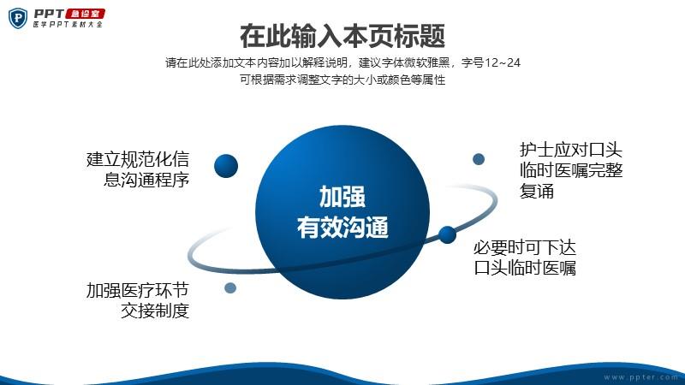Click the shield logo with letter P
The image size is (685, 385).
17,18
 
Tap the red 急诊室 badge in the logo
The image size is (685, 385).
86,14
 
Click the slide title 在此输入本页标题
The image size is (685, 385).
342,36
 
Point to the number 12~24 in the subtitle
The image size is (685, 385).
503,62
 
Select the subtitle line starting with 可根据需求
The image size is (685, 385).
342,80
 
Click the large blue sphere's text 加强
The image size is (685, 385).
342,197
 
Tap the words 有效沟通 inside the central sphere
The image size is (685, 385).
342,228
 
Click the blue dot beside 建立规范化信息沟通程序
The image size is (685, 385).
226,166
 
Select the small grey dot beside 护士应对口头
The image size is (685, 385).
479,159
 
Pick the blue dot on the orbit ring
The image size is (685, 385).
447,234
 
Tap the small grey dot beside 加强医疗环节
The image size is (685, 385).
230,287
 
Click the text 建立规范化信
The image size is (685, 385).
138,159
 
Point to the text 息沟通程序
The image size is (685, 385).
146,180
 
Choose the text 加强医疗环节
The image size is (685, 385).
138,290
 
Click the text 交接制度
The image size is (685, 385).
155,311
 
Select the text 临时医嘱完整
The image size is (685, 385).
571,170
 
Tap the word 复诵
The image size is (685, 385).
537,191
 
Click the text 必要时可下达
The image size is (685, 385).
525,247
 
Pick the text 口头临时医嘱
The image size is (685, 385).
525,268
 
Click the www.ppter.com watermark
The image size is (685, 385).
640,377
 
